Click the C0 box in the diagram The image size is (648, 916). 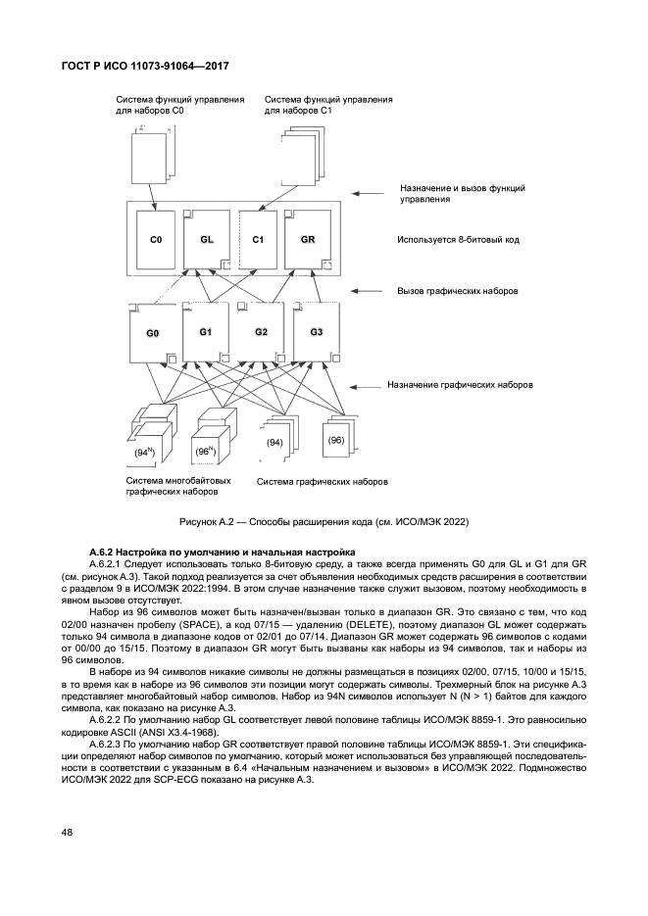pyautogui.click(x=156, y=239)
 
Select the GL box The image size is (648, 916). pyautogui.click(x=207, y=239)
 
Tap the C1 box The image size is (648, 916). pyautogui.click(x=258, y=239)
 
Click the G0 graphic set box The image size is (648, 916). pyautogui.click(x=153, y=334)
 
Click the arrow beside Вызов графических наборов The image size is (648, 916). pyautogui.click(x=368, y=291)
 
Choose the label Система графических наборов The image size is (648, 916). pyautogui.click(x=322, y=482)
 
